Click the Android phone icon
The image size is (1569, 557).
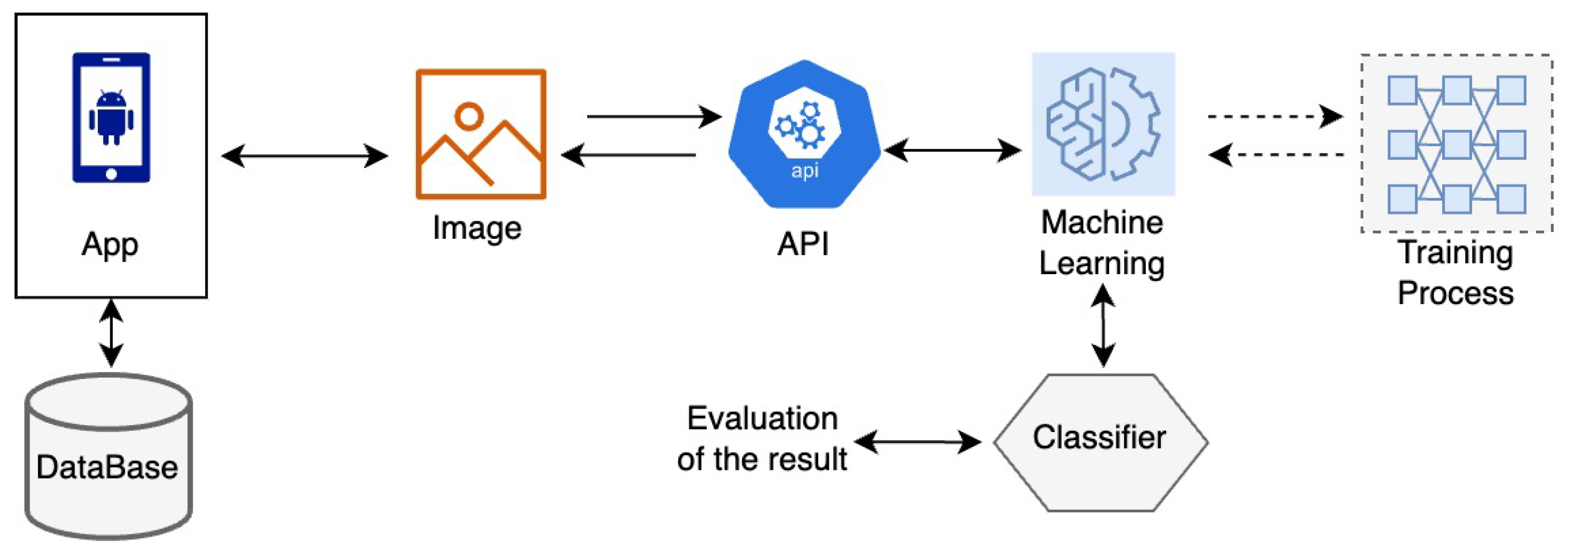111,118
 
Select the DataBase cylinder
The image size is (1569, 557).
108,457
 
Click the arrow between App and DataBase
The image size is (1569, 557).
111,333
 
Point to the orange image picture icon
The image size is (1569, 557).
481,134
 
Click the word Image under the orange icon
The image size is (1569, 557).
477,229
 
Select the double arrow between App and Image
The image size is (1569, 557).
304,156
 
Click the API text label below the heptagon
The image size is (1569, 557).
803,245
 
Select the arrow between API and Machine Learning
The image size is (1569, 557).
952,150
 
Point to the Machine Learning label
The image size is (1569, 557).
1102,243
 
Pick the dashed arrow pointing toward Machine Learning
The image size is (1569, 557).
1277,154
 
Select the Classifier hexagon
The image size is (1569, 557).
1100,442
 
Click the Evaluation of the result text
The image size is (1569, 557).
762,439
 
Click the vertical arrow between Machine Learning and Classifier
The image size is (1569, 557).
1103,326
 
